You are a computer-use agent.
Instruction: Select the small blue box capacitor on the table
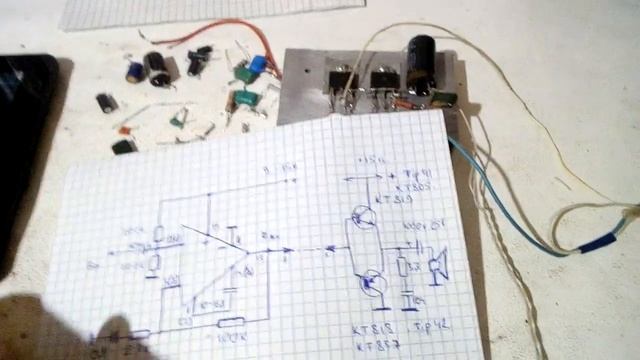tap(258, 66)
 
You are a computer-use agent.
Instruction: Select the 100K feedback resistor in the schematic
tap(231, 322)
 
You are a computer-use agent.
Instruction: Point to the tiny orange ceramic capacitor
tap(124, 130)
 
